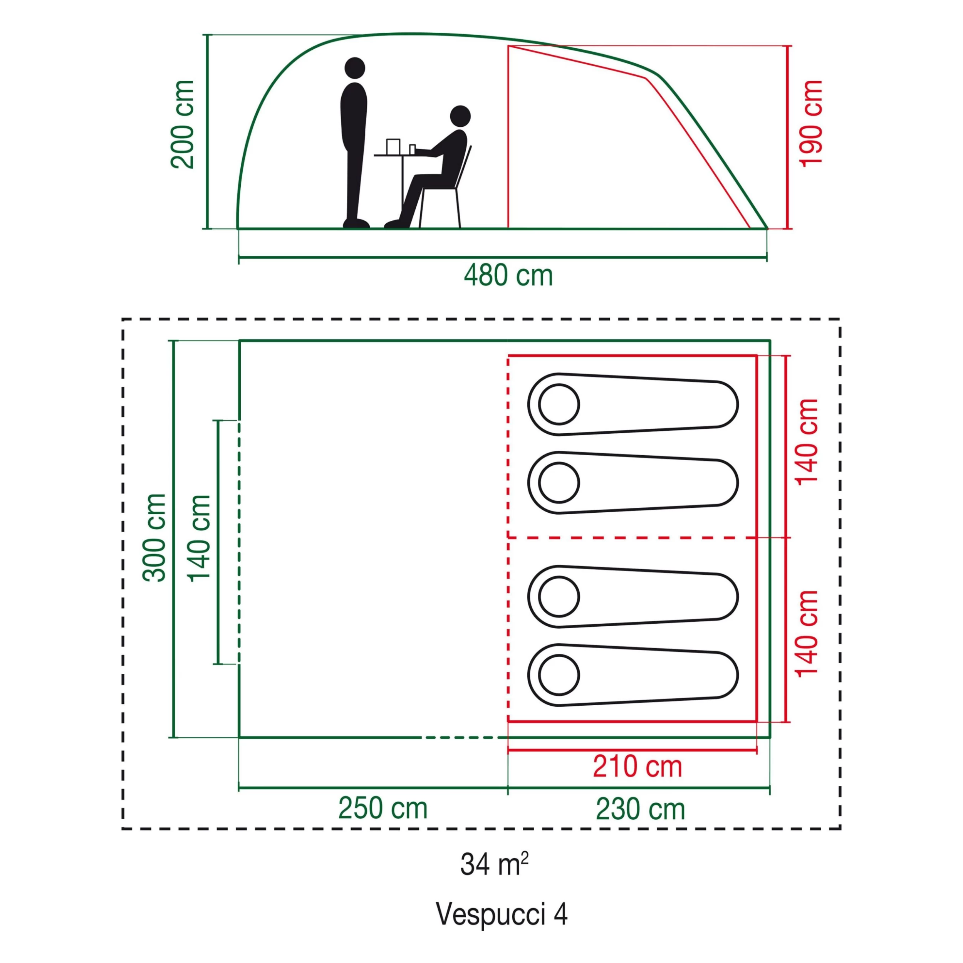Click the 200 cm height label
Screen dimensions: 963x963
tap(183, 124)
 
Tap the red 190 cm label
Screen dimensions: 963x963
tap(810, 123)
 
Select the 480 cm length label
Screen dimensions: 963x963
tap(508, 276)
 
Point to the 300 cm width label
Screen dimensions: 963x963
tap(154, 537)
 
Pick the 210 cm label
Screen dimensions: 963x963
tap(637, 767)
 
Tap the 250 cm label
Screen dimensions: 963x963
tap(383, 809)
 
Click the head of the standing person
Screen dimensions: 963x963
tap(354, 68)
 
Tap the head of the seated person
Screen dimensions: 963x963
tap(460, 116)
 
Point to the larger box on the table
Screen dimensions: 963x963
tap(393, 146)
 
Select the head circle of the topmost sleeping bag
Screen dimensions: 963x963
tap(559, 404)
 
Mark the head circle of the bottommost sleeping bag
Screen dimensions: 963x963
tap(559, 675)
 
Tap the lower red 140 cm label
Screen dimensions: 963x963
tap(807, 633)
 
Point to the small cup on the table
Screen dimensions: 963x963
tap(412, 149)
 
